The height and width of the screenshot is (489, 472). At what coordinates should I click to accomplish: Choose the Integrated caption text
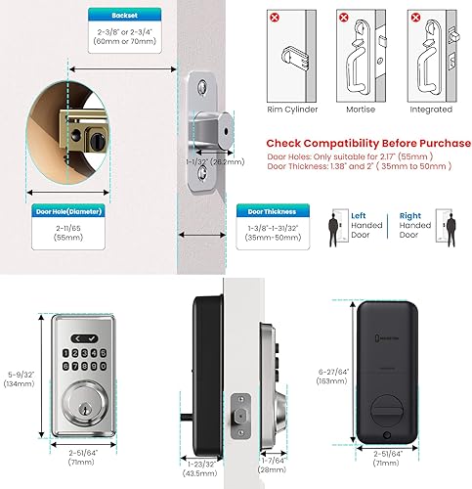pyautogui.click(x=432, y=110)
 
